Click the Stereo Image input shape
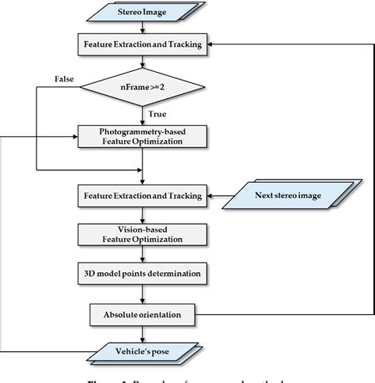[142, 13]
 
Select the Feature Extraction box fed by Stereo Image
[142, 44]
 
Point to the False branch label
[65, 80]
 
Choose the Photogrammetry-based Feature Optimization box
[142, 135]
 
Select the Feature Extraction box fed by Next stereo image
[142, 193]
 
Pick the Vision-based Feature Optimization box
[142, 234]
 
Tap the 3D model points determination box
[142, 275]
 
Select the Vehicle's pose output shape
[142, 350]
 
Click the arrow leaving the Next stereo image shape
[216, 193]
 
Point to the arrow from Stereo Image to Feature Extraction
[142, 28]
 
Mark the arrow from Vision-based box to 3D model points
[142, 255]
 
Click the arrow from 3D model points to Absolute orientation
[142, 294]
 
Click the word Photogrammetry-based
[142, 130]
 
